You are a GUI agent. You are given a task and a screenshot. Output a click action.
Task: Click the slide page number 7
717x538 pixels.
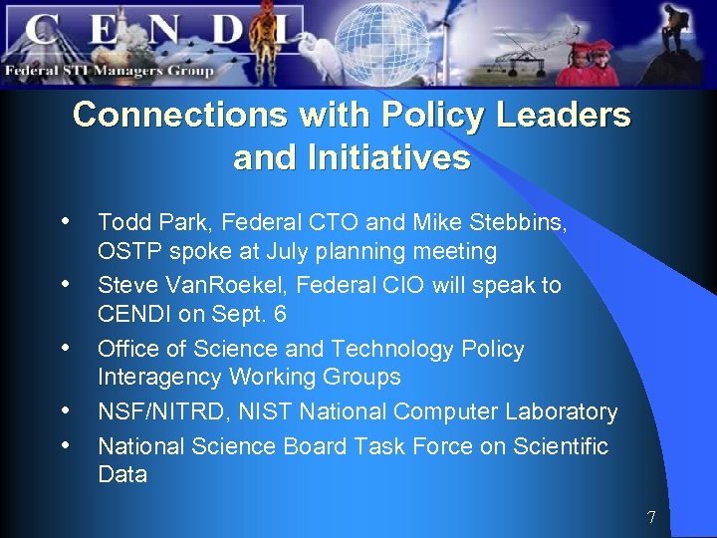pos(651,517)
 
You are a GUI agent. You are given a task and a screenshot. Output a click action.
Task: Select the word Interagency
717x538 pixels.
pos(160,377)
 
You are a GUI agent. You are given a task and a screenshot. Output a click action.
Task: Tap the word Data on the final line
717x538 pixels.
pos(122,474)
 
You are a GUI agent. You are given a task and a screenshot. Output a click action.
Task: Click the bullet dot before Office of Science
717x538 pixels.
pos(66,348)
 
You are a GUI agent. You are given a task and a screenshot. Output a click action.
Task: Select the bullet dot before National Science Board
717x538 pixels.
pos(66,444)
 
